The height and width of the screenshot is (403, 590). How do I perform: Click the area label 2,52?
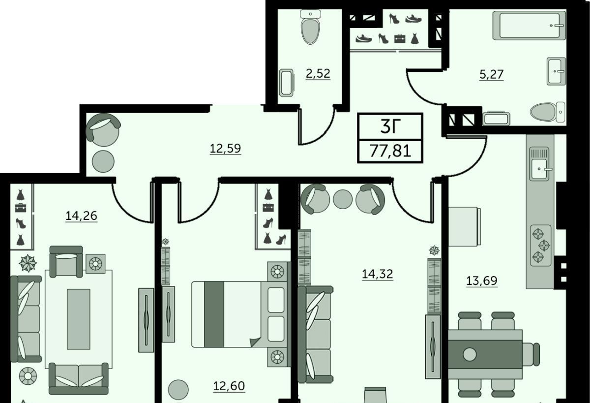tap(318, 73)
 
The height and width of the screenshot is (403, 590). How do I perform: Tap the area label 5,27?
tap(492, 74)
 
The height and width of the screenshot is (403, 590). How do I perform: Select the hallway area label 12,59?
tap(225, 149)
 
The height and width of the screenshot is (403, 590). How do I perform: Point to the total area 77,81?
tap(390, 151)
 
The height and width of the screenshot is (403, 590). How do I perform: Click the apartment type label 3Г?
tap(390, 126)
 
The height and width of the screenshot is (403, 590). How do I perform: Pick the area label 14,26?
tap(82, 216)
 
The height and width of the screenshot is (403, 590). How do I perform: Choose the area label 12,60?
tap(229, 386)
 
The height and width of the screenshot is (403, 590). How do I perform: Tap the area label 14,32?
tap(378, 274)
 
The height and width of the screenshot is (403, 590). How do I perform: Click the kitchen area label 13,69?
tap(482, 280)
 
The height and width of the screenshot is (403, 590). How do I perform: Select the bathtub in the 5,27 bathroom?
tap(529, 26)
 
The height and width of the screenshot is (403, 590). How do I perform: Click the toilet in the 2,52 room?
tap(311, 27)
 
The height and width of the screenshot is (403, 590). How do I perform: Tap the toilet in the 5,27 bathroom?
tap(547, 112)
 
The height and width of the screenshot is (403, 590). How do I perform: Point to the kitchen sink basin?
tap(539, 169)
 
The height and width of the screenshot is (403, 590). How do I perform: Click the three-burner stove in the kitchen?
tap(541, 246)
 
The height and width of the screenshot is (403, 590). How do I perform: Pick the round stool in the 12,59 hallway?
tap(103, 161)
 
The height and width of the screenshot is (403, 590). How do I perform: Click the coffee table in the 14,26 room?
tap(79, 319)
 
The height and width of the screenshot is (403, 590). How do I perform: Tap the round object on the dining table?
tap(470, 354)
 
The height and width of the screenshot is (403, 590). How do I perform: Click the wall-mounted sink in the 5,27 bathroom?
tap(556, 71)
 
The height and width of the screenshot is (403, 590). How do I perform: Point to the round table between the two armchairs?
tap(343, 199)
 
